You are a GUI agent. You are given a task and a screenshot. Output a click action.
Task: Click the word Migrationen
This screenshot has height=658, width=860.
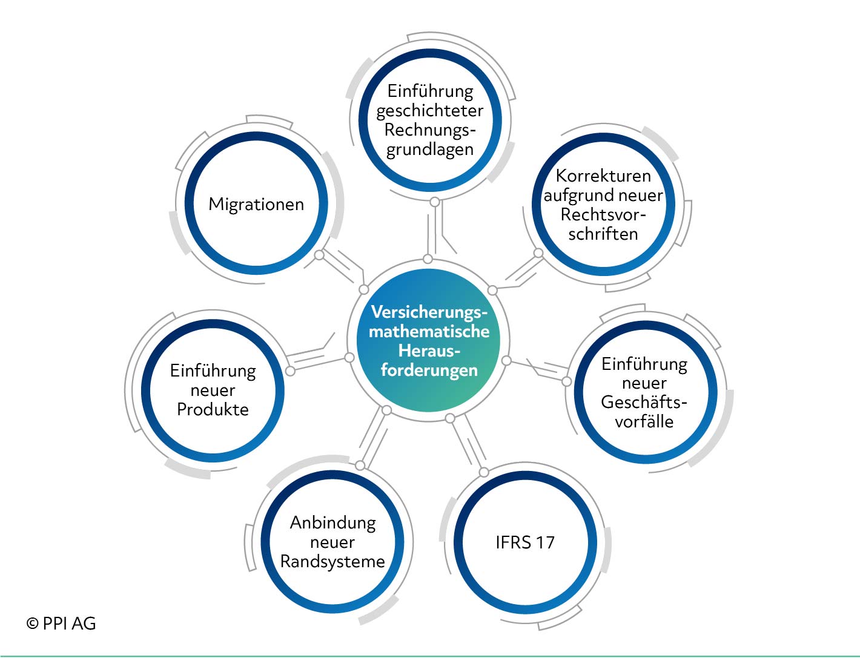[256, 205]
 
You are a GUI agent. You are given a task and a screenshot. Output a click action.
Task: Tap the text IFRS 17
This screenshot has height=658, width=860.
[525, 542]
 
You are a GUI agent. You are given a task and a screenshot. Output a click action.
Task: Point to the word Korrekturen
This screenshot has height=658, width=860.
[603, 176]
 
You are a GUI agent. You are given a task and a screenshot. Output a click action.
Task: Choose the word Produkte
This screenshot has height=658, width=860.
[213, 409]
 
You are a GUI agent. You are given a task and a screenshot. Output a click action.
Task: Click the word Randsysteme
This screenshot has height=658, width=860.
[332, 562]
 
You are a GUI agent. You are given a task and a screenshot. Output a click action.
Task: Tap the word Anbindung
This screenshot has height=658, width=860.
[332, 523]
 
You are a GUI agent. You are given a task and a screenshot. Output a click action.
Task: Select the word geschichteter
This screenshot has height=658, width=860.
[430, 111]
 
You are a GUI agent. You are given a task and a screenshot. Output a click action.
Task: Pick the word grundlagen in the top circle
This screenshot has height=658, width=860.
[430, 150]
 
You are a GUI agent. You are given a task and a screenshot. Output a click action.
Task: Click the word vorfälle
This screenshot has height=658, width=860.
[644, 421]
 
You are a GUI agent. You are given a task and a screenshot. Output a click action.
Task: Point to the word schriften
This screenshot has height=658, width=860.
[603, 234]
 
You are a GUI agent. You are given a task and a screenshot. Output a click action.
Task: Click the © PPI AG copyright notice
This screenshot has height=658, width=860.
[61, 623]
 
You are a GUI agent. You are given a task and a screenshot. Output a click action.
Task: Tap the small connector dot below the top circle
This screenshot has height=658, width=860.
[435, 202]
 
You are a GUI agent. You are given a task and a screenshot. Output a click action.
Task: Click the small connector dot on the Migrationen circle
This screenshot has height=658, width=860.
[319, 255]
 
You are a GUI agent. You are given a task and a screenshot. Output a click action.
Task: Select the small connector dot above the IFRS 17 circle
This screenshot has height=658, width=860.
[484, 472]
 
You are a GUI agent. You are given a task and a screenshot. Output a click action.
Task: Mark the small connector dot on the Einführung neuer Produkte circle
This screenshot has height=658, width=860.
[290, 371]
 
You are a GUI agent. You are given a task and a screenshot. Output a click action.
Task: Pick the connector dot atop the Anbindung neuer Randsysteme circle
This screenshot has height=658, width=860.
[360, 466]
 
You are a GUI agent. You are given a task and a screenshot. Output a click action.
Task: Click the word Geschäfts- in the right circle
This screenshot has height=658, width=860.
[644, 403]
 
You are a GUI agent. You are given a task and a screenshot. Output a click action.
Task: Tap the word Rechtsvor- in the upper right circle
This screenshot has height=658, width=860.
[603, 215]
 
